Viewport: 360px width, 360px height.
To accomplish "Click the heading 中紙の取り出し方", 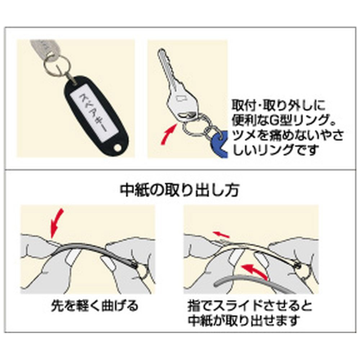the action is pyautogui.click(x=179, y=190).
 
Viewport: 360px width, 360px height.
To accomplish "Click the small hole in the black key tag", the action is pyautogui.click(x=117, y=148).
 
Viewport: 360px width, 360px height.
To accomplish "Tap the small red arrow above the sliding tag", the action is pyautogui.click(x=221, y=235).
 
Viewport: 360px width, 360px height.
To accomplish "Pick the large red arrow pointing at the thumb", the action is pyautogui.click(x=255, y=271).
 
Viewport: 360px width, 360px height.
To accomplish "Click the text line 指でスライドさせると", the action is pyautogui.click(x=250, y=306).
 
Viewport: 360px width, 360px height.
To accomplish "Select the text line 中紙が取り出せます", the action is pyautogui.click(x=244, y=320).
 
